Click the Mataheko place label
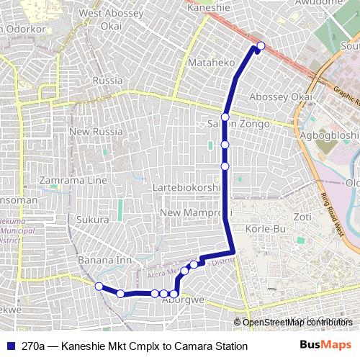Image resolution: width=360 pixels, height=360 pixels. click(x=207, y=63)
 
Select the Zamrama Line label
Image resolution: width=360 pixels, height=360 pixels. click(x=74, y=180)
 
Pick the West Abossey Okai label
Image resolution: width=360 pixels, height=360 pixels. click(x=111, y=19)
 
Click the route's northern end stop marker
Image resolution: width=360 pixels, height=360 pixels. click(x=261, y=46)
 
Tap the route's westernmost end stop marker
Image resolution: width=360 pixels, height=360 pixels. click(x=99, y=286)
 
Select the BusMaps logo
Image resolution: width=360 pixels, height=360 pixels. click(x=325, y=346)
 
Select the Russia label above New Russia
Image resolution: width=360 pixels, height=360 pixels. click(x=108, y=81)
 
